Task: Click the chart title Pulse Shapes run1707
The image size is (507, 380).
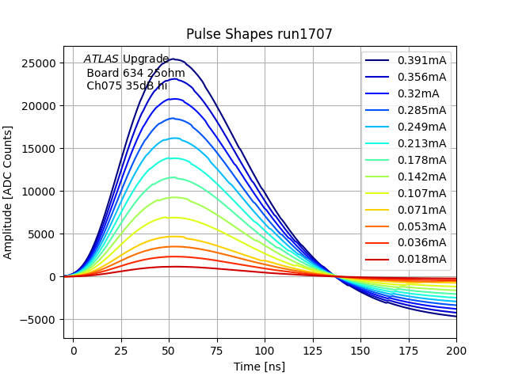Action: [259, 34]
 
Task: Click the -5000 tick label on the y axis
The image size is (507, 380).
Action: [37, 320]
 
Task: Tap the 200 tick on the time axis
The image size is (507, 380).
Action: [456, 349]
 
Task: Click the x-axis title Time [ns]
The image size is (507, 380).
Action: [259, 367]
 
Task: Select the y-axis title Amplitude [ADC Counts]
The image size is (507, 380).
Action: [9, 192]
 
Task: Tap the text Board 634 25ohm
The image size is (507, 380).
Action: [135, 73]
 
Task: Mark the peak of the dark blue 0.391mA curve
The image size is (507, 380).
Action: [173, 59]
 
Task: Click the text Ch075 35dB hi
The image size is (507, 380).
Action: [127, 85]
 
